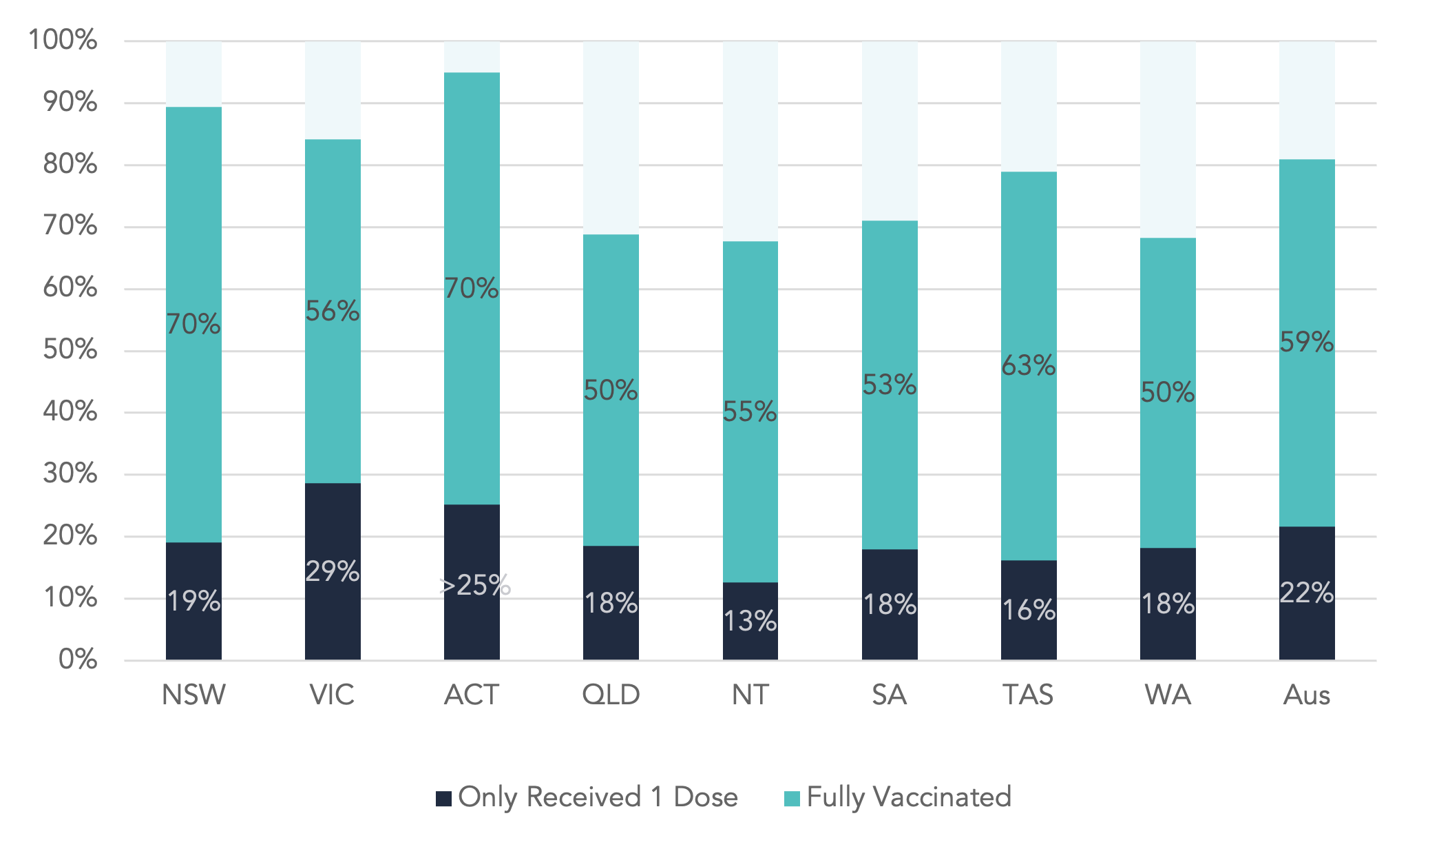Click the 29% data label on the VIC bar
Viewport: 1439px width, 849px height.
coord(333,571)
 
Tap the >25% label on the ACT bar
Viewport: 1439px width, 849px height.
coord(474,585)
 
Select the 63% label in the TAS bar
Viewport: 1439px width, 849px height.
coord(1029,365)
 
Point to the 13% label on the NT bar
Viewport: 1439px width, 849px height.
coord(750,622)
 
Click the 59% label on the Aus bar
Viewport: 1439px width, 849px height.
coord(1307,342)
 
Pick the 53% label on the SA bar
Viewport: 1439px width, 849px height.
coord(890,385)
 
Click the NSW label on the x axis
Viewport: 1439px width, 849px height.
coord(193,695)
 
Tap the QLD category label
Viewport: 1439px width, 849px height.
coord(611,695)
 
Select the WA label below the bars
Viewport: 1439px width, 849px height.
coord(1168,695)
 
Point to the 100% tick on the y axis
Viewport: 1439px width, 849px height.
coord(63,40)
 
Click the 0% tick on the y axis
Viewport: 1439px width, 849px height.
coord(78,659)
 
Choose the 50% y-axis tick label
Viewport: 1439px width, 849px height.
coord(70,349)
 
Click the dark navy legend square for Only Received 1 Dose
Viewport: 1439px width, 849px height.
coord(444,799)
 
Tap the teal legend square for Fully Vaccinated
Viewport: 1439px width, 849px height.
coord(792,799)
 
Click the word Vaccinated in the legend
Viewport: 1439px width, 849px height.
coord(942,797)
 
